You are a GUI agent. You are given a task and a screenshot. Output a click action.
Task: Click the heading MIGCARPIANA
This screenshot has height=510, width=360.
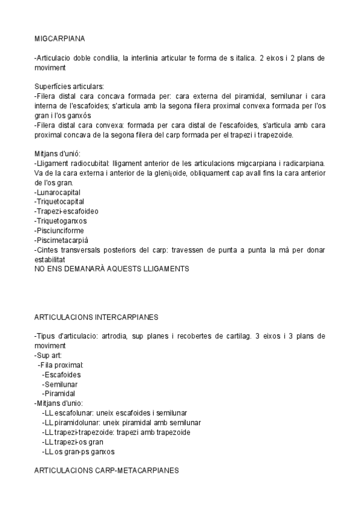[59, 39]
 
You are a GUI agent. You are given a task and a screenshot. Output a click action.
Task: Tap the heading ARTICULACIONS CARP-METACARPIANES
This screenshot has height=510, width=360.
[106, 471]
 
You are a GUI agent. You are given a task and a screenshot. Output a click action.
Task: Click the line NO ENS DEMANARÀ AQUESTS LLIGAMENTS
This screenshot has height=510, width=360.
[112, 269]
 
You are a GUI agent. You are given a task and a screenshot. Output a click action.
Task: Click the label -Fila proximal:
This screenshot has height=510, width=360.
[60, 364]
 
